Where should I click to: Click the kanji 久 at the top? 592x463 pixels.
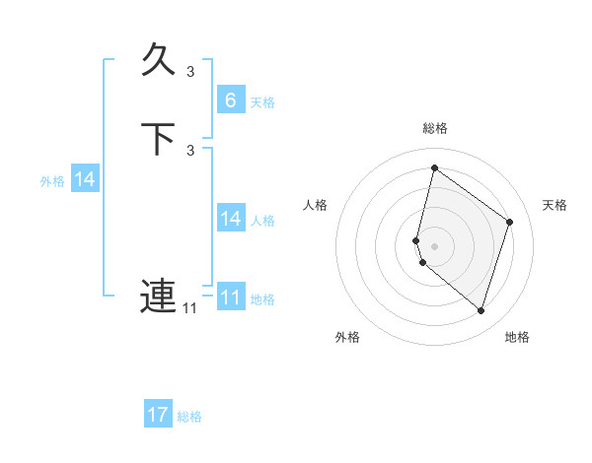click(x=158, y=61)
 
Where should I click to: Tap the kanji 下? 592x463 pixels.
click(x=158, y=139)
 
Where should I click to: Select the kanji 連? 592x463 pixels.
click(x=158, y=296)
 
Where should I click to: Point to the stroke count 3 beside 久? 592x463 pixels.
click(x=190, y=71)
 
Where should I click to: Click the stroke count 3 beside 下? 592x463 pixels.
click(x=190, y=150)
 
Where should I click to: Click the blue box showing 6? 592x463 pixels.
click(x=231, y=100)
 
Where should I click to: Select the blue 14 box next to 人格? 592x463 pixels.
click(x=231, y=219)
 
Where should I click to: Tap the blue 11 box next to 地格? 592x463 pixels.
click(x=231, y=298)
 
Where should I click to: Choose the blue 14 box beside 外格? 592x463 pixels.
click(x=85, y=179)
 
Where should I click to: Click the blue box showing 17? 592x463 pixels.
click(x=158, y=415)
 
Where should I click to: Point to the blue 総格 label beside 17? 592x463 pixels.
click(x=189, y=417)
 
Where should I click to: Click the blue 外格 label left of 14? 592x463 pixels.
click(x=52, y=181)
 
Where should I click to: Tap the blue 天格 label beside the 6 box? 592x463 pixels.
click(x=262, y=102)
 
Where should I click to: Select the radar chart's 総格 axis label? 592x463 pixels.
click(x=434, y=128)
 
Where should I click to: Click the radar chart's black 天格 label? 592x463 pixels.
click(x=555, y=205)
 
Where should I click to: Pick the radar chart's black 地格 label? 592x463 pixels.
click(x=517, y=337)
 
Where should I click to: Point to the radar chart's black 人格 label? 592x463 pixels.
click(x=316, y=205)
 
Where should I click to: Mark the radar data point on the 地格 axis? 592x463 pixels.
click(x=481, y=310)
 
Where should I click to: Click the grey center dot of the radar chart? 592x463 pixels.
click(x=434, y=245)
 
